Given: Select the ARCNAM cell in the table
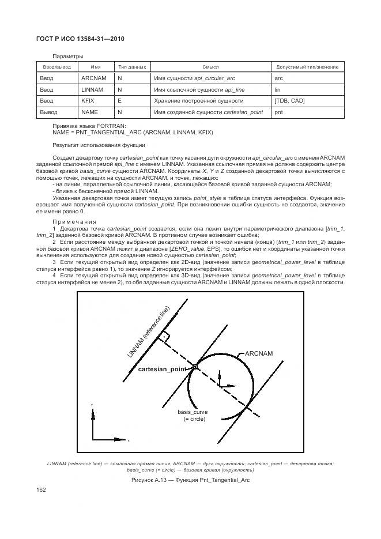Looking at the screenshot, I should click(93, 78).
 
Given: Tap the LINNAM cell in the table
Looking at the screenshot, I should click(92, 89).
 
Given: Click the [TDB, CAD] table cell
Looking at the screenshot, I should click(289, 101).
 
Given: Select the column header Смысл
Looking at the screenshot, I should click(210, 67).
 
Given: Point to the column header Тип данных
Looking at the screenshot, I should click(132, 67).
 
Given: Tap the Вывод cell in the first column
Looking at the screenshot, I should click(47, 112).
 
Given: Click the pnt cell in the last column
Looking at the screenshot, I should click(278, 112).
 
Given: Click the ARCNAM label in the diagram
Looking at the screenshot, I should click(259, 353).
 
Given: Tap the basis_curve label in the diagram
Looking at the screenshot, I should click(192, 412).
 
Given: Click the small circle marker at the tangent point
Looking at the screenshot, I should click(195, 367).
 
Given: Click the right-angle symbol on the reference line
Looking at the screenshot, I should click(165, 336).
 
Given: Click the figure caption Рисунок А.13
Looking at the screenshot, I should click(190, 479).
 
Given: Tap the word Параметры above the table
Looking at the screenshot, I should click(68, 56).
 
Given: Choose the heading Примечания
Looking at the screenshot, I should click(74, 221).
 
